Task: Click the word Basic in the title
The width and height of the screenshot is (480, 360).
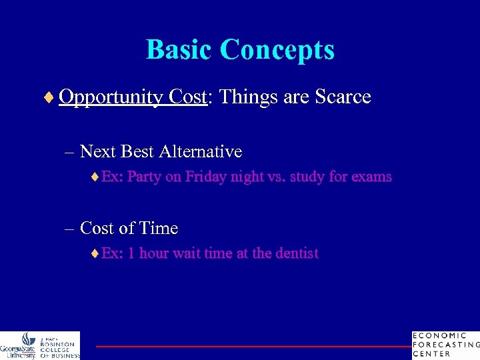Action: pos(179,49)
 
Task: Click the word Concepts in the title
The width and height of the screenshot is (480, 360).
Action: pos(277,49)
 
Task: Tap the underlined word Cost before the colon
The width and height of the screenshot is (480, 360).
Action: pos(188,97)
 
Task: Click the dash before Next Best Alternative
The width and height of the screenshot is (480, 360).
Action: pos(69,153)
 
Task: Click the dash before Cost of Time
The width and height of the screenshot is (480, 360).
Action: pos(69,229)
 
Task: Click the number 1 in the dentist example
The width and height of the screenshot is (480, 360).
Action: pos(131,253)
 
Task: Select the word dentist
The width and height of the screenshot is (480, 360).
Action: pos(295,253)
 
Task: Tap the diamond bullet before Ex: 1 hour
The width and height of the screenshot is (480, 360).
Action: pos(95,253)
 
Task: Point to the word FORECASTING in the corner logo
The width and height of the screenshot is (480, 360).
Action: pos(446,345)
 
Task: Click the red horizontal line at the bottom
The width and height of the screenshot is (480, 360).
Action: pos(253,347)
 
